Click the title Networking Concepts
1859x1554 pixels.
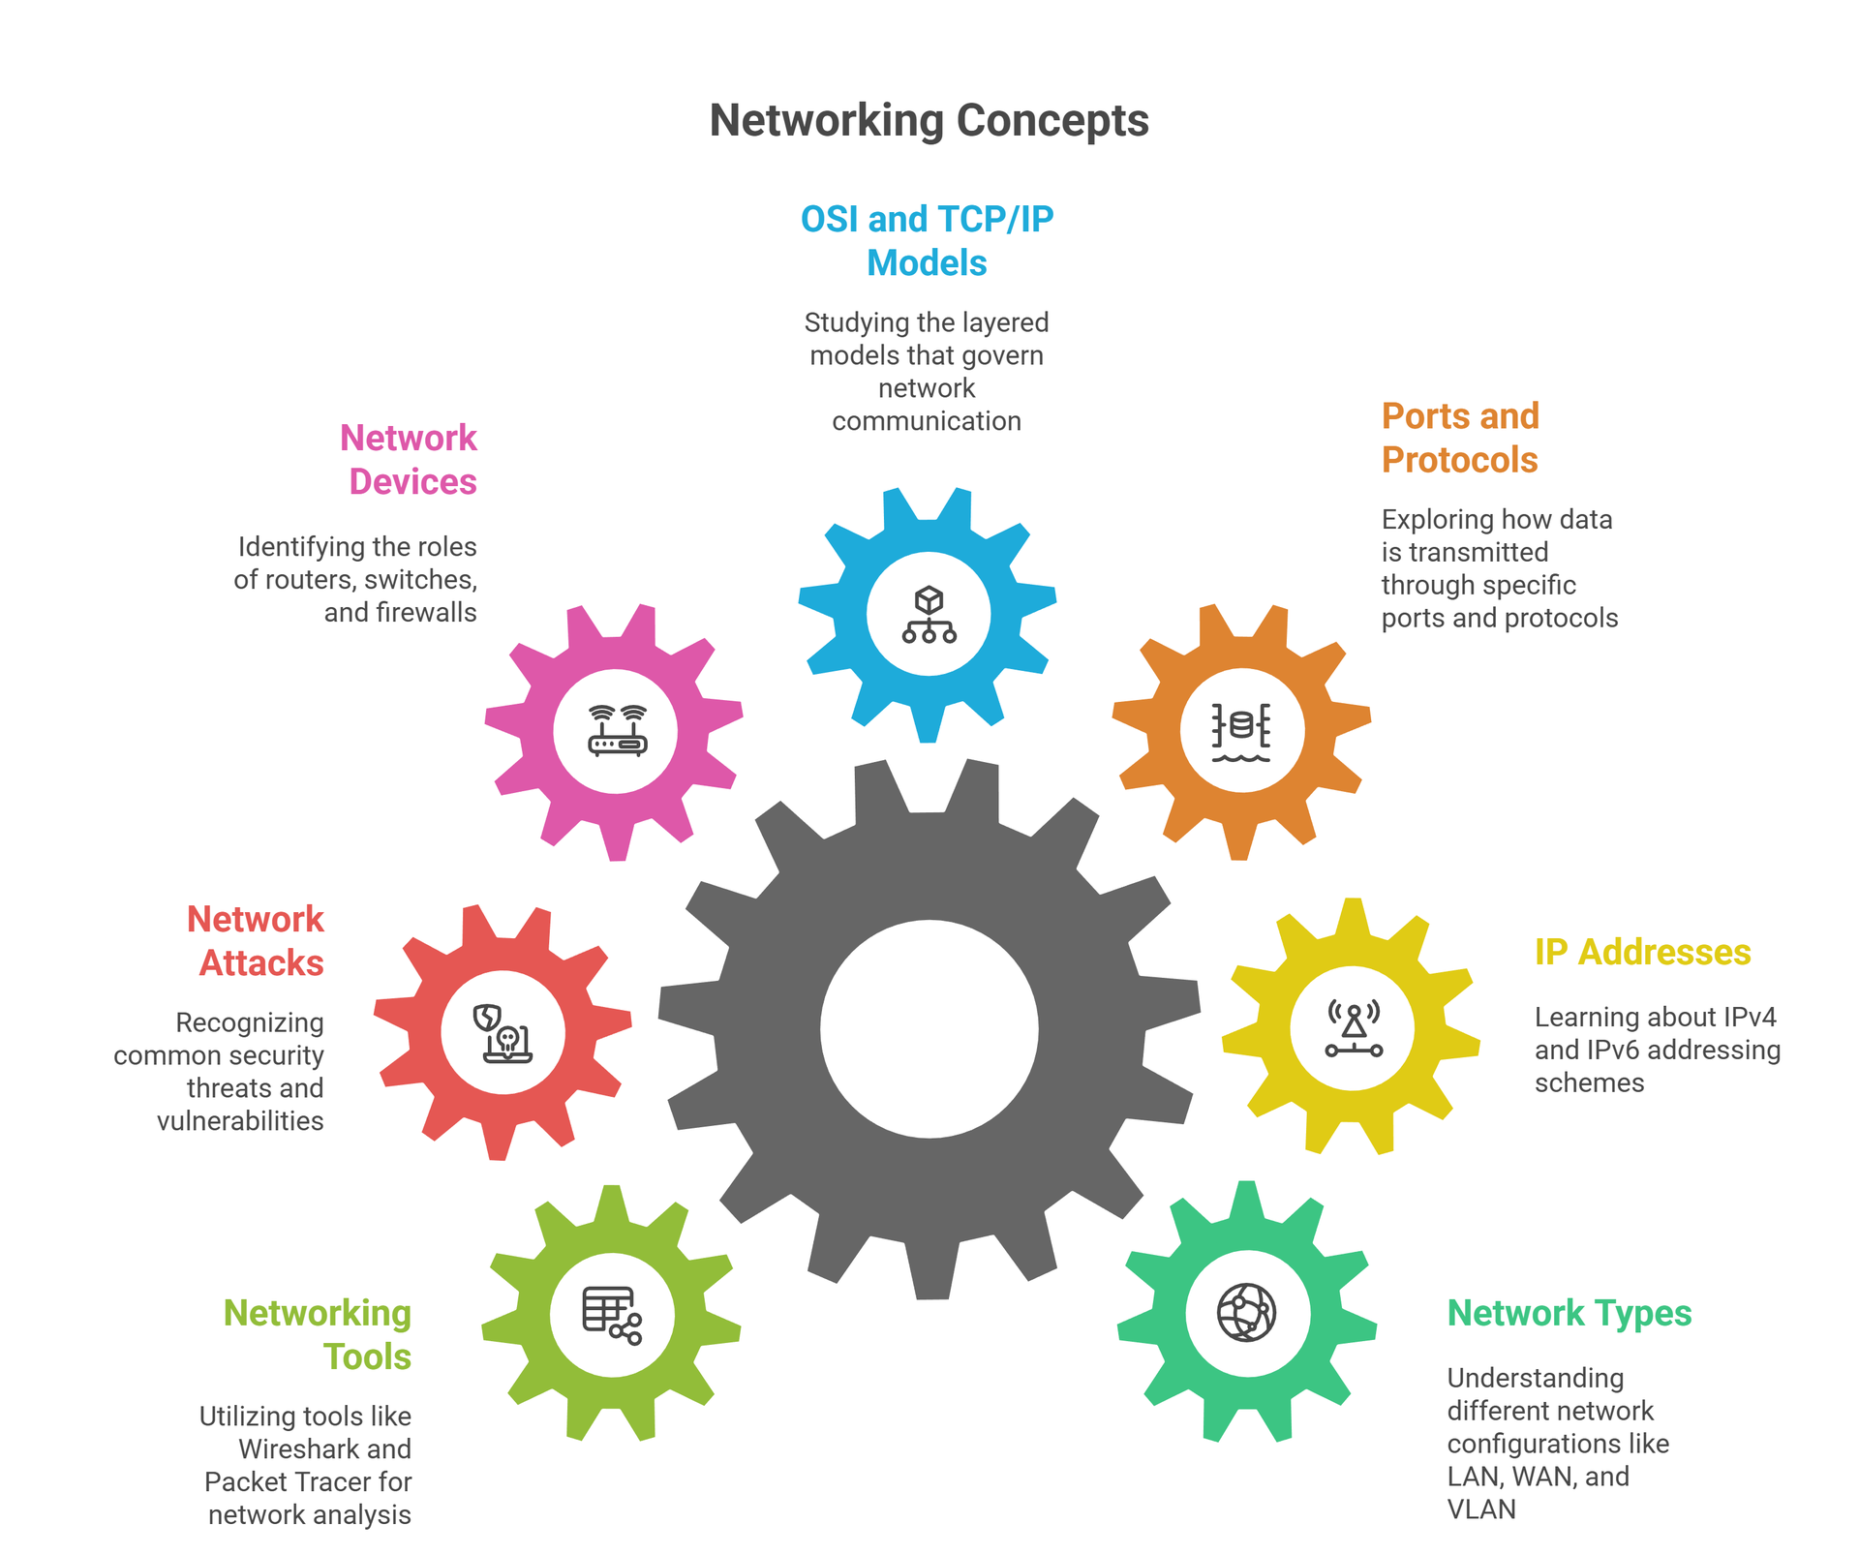tap(929, 121)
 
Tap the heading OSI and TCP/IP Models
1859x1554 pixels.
tap(927, 241)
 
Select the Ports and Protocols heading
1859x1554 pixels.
tap(1459, 438)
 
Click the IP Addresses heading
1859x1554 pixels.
tap(1642, 953)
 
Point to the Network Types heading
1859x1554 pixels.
tap(1569, 1314)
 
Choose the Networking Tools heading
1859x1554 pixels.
tap(319, 1334)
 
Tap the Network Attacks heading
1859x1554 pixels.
tap(257, 941)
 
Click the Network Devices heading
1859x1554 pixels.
tap(410, 460)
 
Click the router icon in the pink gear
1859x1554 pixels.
tap(617, 731)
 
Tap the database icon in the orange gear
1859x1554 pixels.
tap(1241, 731)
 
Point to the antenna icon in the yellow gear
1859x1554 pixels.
tap(1353, 1028)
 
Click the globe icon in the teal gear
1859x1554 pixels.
tap(1246, 1313)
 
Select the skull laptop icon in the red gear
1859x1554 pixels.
tap(503, 1033)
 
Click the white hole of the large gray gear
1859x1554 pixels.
tap(929, 1028)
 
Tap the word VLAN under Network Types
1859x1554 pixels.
tap(1480, 1509)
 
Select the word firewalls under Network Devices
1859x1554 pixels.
tap(427, 613)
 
